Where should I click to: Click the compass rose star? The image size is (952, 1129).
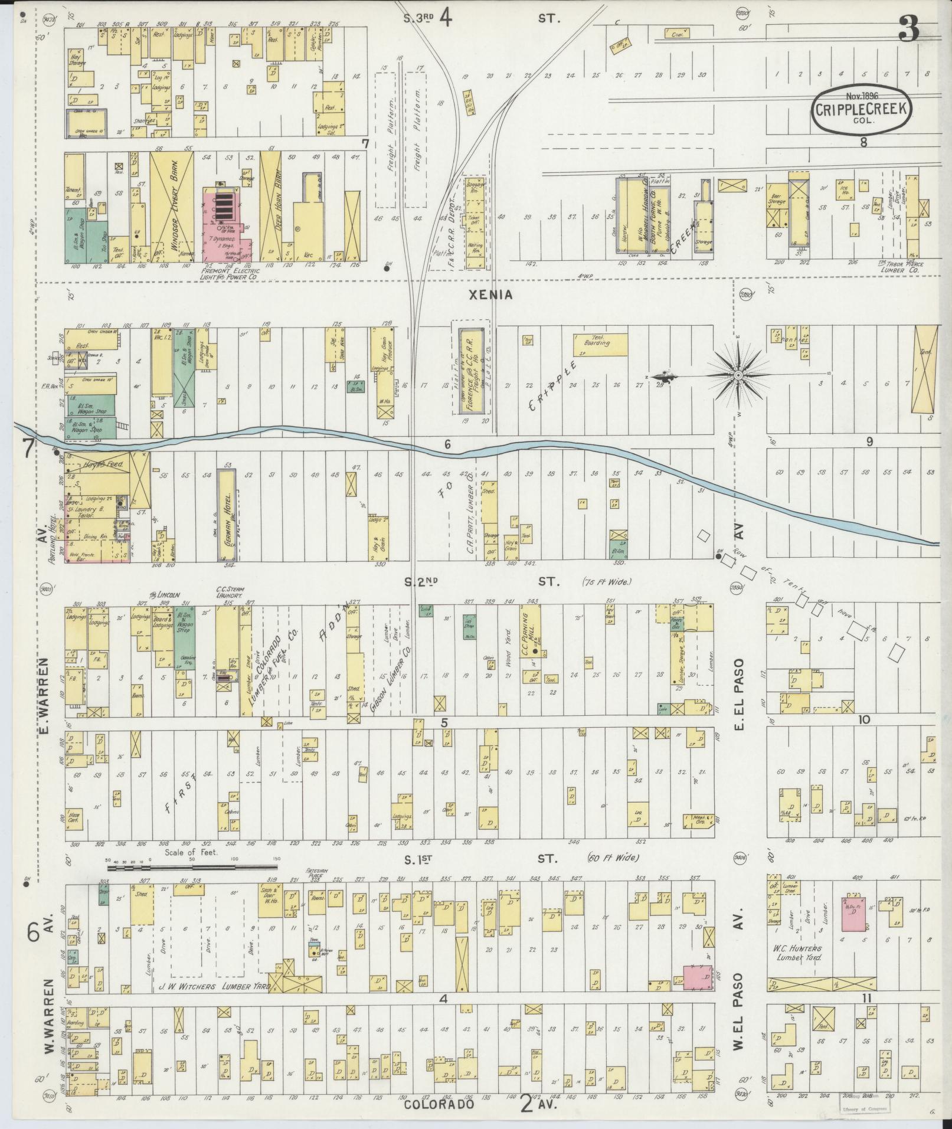(x=738, y=375)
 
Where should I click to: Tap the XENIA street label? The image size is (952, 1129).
(x=489, y=296)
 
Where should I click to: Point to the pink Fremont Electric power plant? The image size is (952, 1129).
(x=226, y=224)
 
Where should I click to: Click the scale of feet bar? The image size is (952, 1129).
(x=192, y=868)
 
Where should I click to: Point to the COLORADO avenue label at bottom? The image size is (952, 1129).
(x=439, y=1104)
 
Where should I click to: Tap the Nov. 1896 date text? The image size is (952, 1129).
(x=862, y=96)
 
